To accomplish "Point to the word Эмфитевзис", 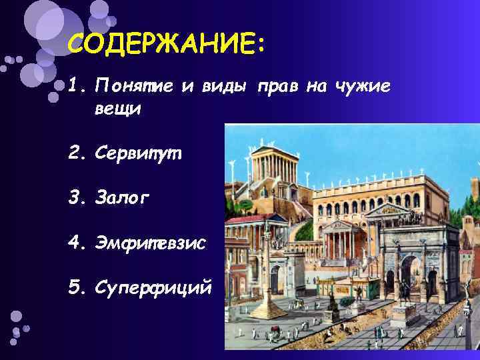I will [151, 245].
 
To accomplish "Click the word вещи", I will [118, 109].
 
